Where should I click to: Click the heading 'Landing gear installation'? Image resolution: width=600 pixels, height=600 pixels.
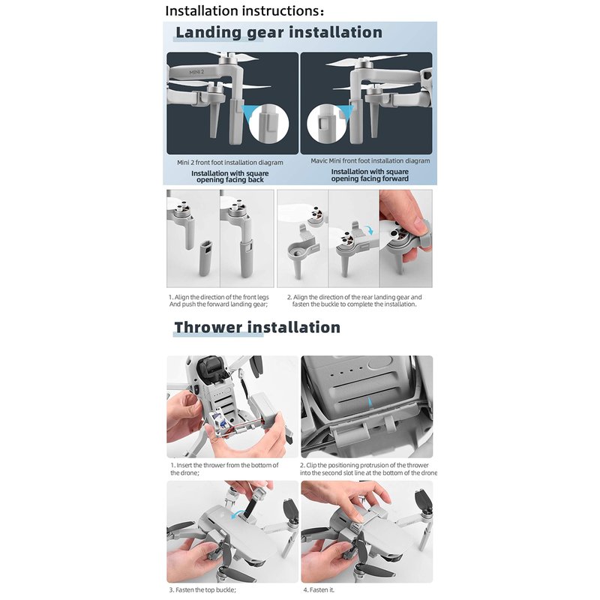(x=279, y=32)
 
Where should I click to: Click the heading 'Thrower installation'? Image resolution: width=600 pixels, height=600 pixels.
(x=257, y=328)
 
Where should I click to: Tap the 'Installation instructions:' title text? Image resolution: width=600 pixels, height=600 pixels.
(x=245, y=10)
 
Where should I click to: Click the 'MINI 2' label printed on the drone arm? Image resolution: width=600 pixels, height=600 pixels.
(x=196, y=72)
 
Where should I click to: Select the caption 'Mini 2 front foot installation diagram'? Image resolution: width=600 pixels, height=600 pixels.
(x=230, y=163)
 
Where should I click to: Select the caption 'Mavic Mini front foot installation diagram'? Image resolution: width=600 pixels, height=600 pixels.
(x=370, y=160)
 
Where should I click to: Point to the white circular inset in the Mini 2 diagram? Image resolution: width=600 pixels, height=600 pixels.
(x=268, y=123)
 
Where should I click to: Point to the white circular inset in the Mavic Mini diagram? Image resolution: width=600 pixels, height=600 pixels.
(x=326, y=123)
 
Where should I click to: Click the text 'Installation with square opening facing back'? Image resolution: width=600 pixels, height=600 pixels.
(x=230, y=176)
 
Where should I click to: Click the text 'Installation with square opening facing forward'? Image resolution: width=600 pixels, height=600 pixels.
(x=370, y=175)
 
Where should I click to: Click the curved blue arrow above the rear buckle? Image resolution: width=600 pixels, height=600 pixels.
(x=369, y=229)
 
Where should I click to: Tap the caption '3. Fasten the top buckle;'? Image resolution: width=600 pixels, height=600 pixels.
(x=202, y=590)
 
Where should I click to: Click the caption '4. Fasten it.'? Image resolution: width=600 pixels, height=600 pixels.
(x=319, y=590)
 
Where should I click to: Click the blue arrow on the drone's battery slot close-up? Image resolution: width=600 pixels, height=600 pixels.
(x=369, y=402)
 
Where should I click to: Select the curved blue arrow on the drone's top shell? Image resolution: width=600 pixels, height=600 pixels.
(x=238, y=514)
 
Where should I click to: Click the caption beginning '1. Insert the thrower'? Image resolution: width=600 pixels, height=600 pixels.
(x=224, y=469)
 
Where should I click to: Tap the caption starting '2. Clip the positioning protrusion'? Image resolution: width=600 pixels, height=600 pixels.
(x=368, y=469)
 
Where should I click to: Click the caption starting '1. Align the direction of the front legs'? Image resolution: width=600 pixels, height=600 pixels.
(x=219, y=301)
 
